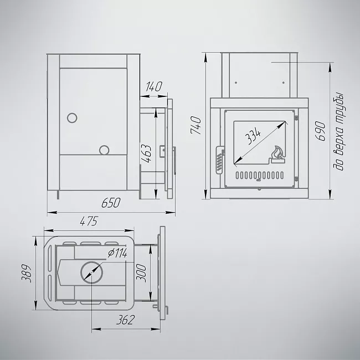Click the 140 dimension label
[x=154, y=86]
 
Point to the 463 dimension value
[x=146, y=153]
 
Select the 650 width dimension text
[x=111, y=203]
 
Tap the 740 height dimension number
[x=196, y=125]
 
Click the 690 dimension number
[x=320, y=131]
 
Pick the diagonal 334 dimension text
[x=253, y=137]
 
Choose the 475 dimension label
[x=89, y=221]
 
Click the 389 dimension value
[x=26, y=273]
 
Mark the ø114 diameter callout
[x=117, y=253]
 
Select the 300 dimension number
[x=141, y=273]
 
